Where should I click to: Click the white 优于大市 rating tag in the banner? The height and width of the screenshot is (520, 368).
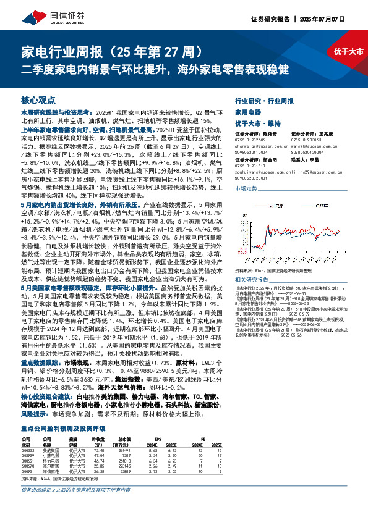click(346, 51)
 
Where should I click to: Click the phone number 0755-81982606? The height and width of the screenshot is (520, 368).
click(250, 140)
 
